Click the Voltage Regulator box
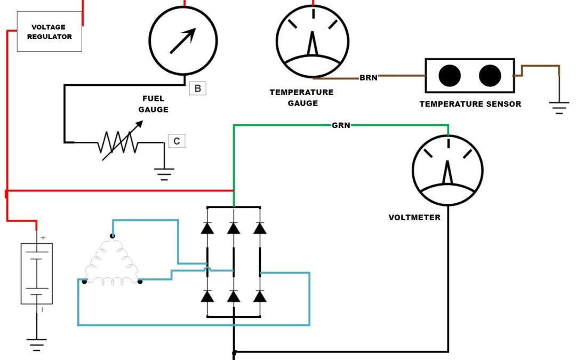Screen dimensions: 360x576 pos(49,32)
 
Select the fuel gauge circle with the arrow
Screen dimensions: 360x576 pos(183,41)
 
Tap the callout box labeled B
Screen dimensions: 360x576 pos(197,89)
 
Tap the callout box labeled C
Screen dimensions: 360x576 pos(177,141)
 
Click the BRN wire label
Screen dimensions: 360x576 pos(369,78)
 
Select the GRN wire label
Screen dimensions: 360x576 pos(340,126)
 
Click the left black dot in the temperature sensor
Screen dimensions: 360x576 pos(450,75)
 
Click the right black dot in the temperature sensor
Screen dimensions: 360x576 pos(490,75)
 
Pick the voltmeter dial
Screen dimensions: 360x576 pos(447,170)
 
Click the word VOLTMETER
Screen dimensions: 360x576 pos(414,218)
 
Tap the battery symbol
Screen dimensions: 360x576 pos(36,274)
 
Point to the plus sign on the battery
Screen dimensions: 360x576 pos(42,238)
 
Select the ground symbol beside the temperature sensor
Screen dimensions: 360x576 pos(559,109)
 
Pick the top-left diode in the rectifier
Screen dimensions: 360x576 pos(207,228)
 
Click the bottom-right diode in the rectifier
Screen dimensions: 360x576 pos(260,296)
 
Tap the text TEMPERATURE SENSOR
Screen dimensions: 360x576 pos(470,104)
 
